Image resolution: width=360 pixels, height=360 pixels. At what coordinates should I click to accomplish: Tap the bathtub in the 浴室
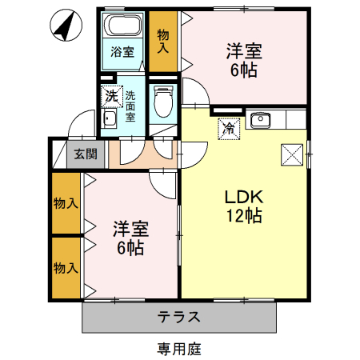pyautogui.click(x=122, y=26)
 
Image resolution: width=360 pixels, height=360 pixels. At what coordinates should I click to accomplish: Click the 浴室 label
pyautogui.click(x=122, y=53)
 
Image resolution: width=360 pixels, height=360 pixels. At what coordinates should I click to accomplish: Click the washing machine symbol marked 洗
pyautogui.click(x=111, y=95)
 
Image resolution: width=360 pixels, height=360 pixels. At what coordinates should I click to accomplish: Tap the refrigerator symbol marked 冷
pyautogui.click(x=229, y=127)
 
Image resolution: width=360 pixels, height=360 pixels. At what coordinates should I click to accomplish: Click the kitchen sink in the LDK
pyautogui.click(x=260, y=122)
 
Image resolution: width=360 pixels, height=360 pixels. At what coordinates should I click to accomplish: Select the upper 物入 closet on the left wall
pyautogui.click(x=66, y=203)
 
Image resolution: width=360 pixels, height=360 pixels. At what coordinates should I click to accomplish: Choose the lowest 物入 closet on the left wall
pyautogui.click(x=66, y=266)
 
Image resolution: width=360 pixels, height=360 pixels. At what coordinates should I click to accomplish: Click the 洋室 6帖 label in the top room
pyautogui.click(x=242, y=61)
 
